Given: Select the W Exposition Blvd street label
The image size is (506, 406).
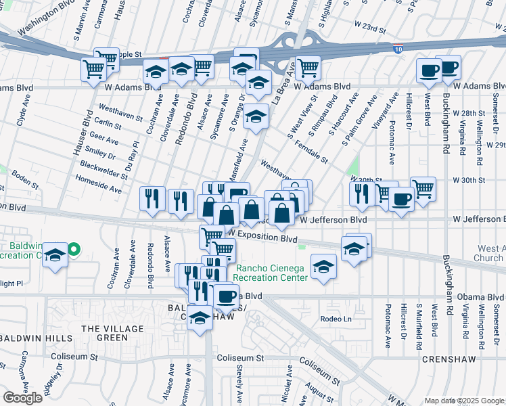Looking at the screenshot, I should (x=262, y=238).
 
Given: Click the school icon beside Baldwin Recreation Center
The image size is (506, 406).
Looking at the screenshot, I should (x=55, y=256).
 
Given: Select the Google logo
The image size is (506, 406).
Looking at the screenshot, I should (x=22, y=397).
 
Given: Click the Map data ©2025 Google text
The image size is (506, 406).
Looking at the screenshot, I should (x=464, y=401).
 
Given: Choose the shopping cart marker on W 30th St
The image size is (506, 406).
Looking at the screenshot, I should (x=423, y=189).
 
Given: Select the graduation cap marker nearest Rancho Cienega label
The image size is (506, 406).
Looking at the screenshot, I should (x=324, y=265).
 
